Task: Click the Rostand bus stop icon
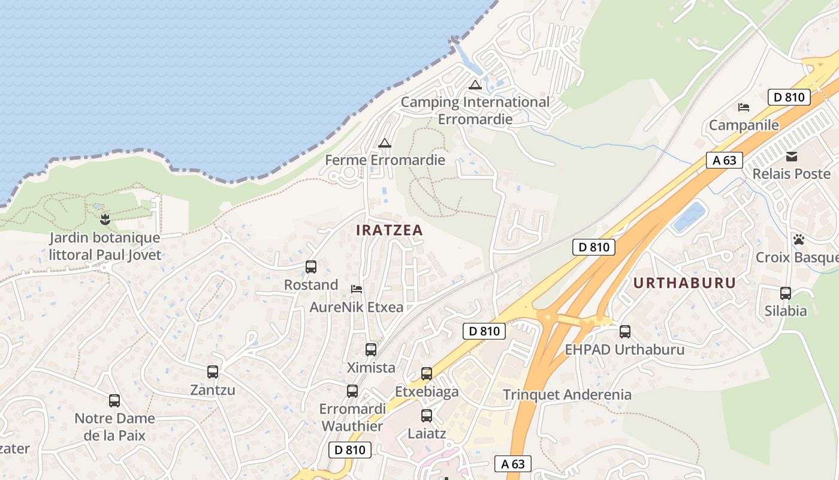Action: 311,267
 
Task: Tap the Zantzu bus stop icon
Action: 213,372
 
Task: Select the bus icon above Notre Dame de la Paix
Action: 114,401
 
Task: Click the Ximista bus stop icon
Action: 371,350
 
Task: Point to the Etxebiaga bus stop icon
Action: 427,374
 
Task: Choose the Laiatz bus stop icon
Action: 427,415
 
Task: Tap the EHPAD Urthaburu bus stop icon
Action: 625,331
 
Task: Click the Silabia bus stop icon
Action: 786,293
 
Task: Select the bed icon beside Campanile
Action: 744,107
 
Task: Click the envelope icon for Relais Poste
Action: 792,157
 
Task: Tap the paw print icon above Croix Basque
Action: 799,239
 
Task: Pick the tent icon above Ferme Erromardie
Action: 384,143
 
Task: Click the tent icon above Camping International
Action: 475,85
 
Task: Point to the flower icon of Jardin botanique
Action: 105,220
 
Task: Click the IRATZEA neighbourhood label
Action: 390,230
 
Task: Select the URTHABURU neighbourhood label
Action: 684,283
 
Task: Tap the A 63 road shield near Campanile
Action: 725,160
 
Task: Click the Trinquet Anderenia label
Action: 567,394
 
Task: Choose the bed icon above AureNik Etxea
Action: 357,289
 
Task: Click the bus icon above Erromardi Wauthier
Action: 352,391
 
